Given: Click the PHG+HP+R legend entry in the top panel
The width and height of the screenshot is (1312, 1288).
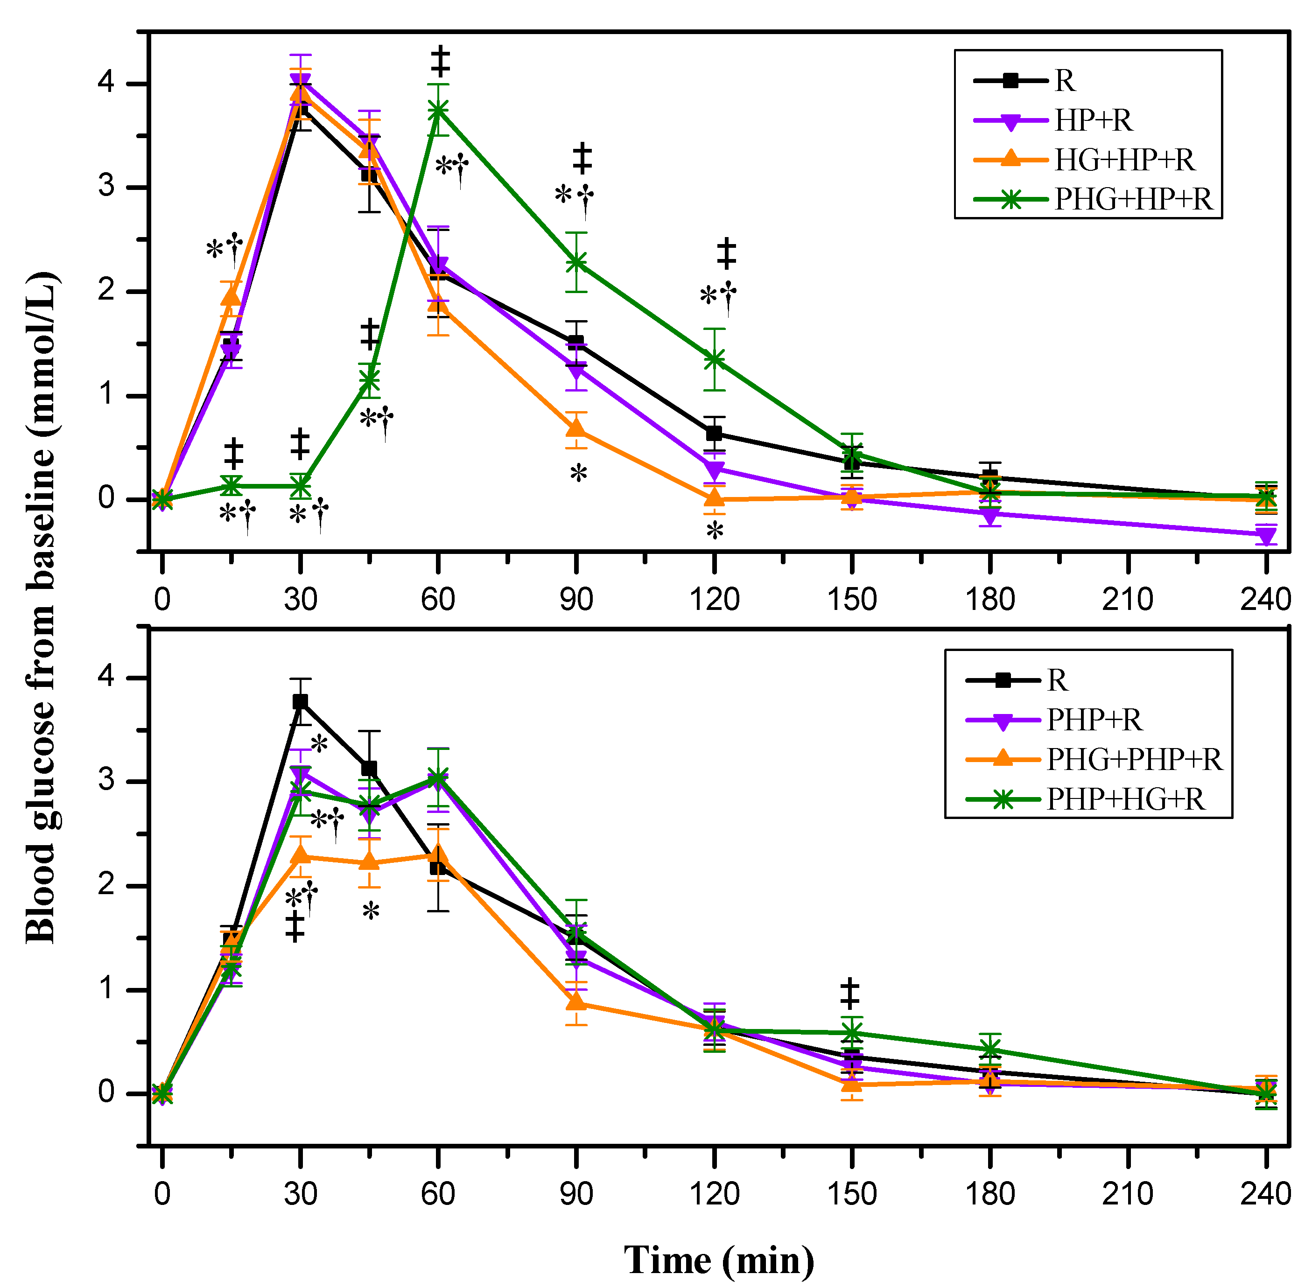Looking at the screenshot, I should point(1133,200).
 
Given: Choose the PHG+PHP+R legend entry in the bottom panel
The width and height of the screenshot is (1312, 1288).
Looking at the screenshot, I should point(1134,760).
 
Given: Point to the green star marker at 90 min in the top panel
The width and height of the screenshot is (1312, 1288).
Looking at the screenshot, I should point(576,262).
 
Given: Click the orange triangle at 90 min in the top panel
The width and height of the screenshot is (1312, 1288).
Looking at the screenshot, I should point(576,429).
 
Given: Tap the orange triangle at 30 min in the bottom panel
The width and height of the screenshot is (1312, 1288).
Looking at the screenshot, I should point(301,856).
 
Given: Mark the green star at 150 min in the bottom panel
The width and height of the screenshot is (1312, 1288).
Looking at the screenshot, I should point(852,1033).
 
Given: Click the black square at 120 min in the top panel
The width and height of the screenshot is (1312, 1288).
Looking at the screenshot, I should point(714,433).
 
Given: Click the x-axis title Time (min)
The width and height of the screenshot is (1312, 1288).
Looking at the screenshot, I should point(719,1260).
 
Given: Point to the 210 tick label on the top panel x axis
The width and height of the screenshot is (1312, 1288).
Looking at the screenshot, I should point(1127,599).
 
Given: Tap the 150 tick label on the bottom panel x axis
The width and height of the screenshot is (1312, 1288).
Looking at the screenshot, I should point(852,1194).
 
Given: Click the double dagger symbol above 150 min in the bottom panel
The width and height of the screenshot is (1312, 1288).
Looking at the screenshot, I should point(850,993).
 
